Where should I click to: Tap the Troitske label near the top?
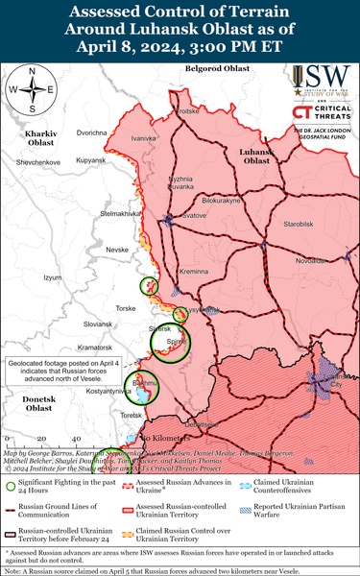tap(185, 111)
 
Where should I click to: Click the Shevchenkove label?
tap(38, 162)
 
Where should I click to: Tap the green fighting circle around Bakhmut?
tap(144, 385)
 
